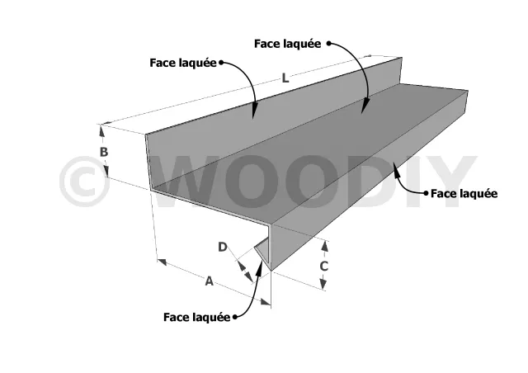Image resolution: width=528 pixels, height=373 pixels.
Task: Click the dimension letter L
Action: pos(285,78)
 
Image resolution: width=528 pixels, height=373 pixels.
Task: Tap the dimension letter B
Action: pos(104,152)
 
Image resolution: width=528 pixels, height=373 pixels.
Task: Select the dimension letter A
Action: pos(209,281)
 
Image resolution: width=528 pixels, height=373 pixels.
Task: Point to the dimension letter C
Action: pos(323,267)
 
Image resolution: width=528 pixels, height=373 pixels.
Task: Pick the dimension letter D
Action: pos(223,247)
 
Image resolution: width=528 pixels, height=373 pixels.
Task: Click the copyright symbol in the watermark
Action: pos(84,182)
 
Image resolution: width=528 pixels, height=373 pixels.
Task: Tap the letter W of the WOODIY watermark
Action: pos(189,182)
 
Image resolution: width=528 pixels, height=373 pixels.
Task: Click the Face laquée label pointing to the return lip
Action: pos(197,317)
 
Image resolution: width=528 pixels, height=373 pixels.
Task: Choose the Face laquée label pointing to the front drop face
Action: pos(464,193)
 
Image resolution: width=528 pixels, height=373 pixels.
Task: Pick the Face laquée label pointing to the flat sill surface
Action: pos(288,44)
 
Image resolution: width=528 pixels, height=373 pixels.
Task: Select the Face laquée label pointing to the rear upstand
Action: pos(183,63)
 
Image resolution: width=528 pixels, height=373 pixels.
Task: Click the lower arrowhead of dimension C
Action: pos(323,283)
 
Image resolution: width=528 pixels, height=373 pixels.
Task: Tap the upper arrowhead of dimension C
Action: pos(324,246)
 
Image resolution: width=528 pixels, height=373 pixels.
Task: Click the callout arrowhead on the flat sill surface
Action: pos(365,106)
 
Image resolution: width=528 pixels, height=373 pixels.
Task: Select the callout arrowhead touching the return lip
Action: pos(259,269)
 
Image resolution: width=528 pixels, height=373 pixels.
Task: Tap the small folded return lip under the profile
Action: pos(262,251)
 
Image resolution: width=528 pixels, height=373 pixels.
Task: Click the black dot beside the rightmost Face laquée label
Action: pos(427,193)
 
